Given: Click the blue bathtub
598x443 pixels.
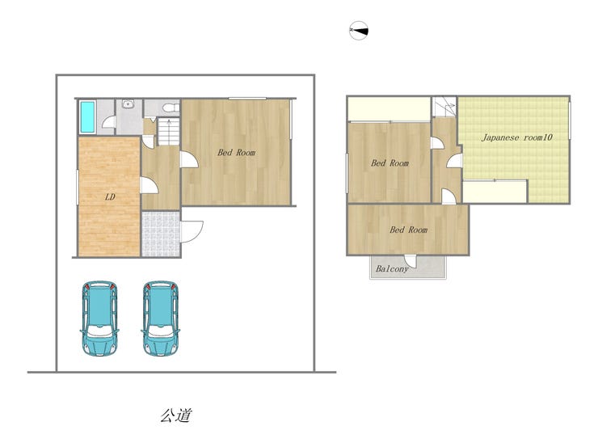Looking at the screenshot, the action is coord(87,116).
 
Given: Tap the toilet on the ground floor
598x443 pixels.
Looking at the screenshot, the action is coord(171,108).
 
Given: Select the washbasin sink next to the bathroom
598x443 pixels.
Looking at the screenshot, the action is coord(128,103).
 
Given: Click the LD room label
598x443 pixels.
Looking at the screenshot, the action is coord(110,197).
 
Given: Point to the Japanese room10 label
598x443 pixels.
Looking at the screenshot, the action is coord(516,137).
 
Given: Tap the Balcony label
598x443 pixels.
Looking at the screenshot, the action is coord(392,268).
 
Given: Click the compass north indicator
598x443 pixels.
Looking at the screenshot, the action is coord(359,31).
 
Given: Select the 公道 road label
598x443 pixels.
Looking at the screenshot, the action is coord(176,416).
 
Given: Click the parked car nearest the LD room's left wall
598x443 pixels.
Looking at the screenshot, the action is coord(99,319).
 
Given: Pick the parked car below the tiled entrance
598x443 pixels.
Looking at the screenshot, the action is coord(161,319).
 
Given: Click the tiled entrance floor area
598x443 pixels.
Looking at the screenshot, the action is coord(161,234).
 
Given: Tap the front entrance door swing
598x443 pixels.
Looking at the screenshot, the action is coord(192,232).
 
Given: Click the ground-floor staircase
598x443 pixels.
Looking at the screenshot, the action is coord(169,131).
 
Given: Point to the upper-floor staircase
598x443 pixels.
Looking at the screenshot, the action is coord(444,107).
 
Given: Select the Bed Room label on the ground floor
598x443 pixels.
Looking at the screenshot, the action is coord(237,153).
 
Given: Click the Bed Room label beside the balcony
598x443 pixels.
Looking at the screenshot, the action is coord(408,230).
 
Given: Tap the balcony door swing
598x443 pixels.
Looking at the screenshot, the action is coord(411,261).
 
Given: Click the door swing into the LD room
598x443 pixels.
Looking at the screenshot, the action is coord(149,185).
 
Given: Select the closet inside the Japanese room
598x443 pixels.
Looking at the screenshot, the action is coord(495,192).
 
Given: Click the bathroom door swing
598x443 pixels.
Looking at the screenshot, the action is coord(109,122).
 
